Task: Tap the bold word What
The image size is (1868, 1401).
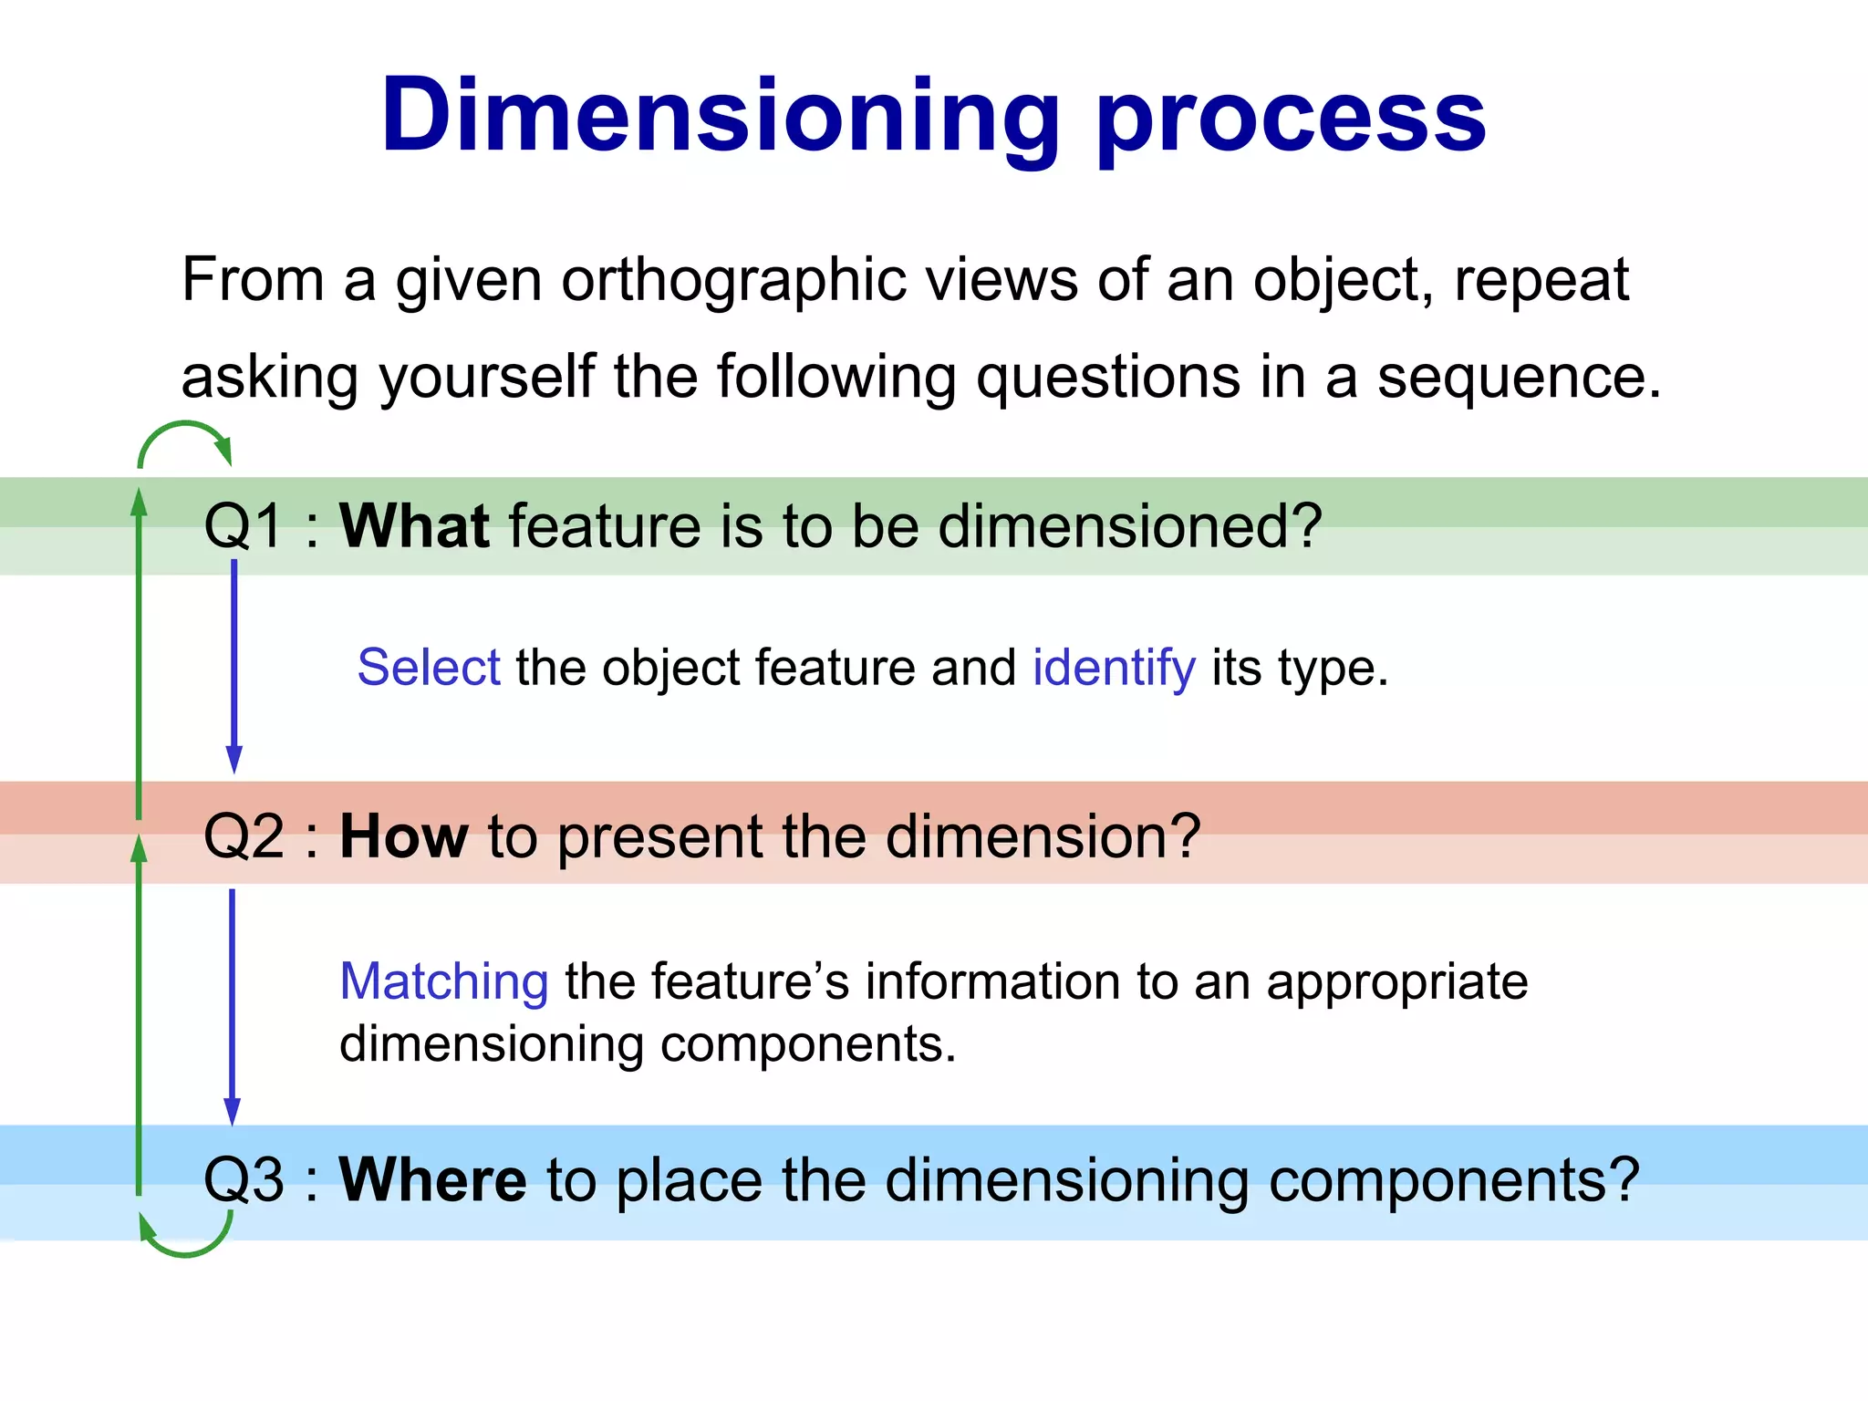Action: [x=414, y=526]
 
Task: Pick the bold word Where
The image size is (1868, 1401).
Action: [x=432, y=1179]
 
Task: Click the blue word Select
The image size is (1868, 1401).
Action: [x=429, y=668]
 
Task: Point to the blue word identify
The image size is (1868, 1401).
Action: [x=1114, y=668]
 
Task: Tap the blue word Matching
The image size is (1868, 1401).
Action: [x=444, y=982]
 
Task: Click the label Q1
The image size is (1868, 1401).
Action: [x=244, y=526]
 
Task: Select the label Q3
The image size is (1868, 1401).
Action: [x=244, y=1179]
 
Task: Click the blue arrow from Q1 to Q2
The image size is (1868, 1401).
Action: [x=234, y=666]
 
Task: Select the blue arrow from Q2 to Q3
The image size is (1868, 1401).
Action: [x=232, y=1003]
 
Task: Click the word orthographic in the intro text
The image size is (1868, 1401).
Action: [x=733, y=280]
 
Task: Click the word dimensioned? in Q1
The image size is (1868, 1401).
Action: [x=1129, y=526]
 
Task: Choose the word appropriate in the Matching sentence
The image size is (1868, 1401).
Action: [x=1396, y=982]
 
